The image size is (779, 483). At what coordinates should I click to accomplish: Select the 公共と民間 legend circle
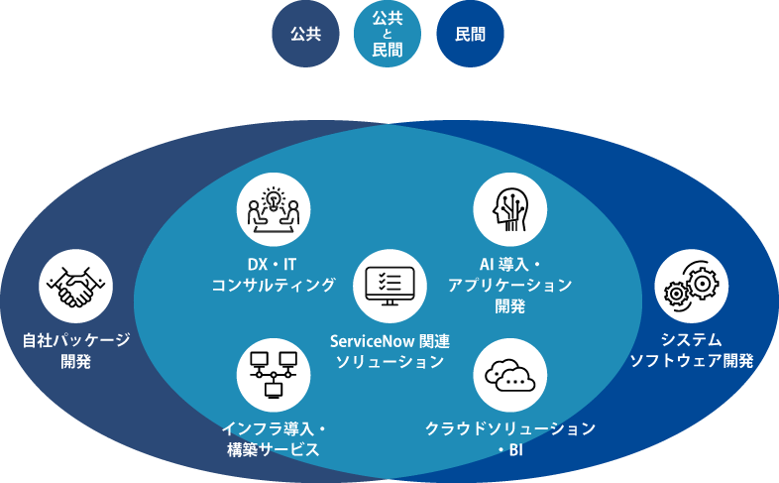click(x=388, y=35)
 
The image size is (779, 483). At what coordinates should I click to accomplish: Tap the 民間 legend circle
click(x=470, y=35)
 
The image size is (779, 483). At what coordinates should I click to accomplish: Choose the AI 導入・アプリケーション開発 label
click(x=509, y=285)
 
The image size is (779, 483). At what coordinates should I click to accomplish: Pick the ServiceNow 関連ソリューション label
click(x=389, y=351)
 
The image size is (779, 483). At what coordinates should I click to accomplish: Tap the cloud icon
click(x=509, y=373)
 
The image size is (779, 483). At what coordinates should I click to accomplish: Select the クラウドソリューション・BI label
click(x=509, y=438)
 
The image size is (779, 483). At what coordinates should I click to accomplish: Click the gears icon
click(x=692, y=286)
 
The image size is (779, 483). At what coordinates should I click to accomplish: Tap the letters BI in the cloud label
click(x=514, y=449)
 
